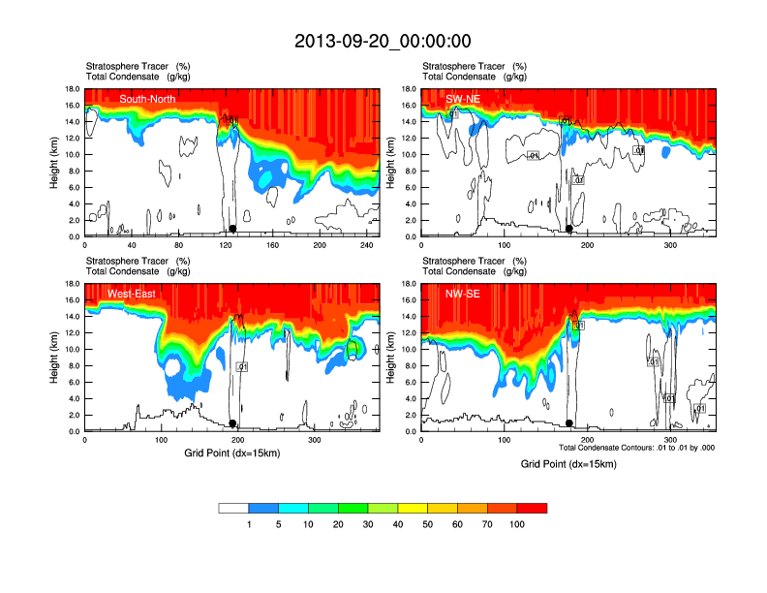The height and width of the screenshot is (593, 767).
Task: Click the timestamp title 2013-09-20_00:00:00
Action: (x=383, y=41)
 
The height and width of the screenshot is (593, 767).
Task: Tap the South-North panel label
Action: (x=147, y=99)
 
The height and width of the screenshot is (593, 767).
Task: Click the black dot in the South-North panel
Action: (x=232, y=229)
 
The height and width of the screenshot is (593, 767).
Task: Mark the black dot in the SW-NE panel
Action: (x=569, y=229)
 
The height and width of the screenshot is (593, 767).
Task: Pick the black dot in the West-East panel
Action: (x=232, y=423)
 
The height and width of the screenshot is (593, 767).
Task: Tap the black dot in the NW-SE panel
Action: (x=569, y=423)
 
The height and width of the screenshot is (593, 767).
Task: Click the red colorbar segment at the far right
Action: (x=532, y=508)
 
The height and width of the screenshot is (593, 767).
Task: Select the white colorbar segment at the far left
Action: (x=234, y=508)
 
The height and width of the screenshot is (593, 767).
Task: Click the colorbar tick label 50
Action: (x=428, y=524)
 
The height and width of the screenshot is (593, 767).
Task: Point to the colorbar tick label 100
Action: (x=516, y=524)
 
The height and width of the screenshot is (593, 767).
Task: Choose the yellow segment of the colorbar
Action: (x=413, y=508)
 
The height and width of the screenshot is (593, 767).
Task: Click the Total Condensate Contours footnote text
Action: (x=636, y=447)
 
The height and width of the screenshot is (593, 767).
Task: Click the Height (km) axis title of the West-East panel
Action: (x=55, y=358)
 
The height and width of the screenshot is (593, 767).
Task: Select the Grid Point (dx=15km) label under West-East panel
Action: (x=232, y=453)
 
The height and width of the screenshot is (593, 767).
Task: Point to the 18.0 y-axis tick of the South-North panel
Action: (x=73, y=89)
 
